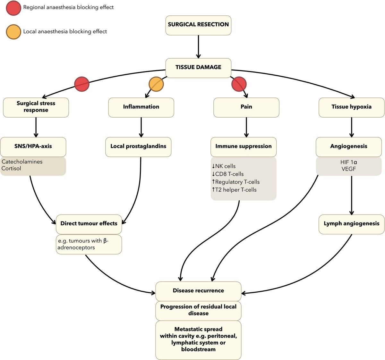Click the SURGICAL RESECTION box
point(198,25)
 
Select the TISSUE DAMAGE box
point(198,68)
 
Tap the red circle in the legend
point(13,8)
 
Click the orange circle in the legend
point(13,32)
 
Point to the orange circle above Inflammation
point(156,84)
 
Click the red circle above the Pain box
point(239,84)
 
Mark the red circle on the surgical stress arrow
point(82,84)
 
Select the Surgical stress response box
point(36,107)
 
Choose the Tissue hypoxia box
point(351,107)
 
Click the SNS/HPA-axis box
point(33,147)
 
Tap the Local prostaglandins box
point(138,147)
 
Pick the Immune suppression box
point(244,147)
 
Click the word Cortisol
point(11,169)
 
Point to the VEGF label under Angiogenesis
point(349,169)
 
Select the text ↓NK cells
point(224,166)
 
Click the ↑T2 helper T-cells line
point(234,190)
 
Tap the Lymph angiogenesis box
point(351,224)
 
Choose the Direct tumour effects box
point(89,224)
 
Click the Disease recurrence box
point(198,291)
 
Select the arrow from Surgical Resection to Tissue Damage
point(198,46)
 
